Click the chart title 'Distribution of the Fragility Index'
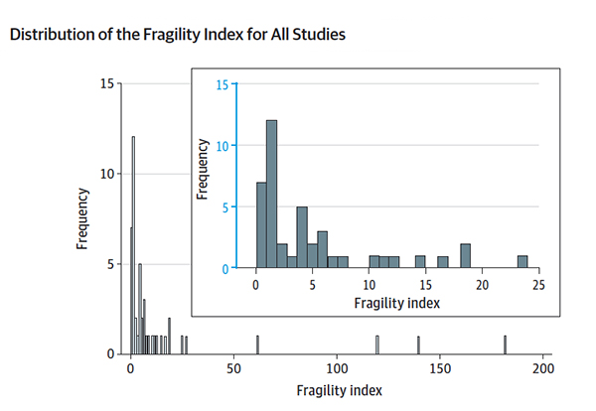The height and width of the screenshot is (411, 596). click(x=177, y=36)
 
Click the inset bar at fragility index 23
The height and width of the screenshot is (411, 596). click(x=521, y=262)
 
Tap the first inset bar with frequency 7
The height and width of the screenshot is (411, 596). click(x=260, y=225)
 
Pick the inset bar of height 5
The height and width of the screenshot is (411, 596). click(x=301, y=237)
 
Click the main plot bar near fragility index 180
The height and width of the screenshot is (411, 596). click(x=505, y=344)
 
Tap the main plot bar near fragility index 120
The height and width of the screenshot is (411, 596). click(x=377, y=344)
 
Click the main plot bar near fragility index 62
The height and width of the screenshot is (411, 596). click(x=257, y=344)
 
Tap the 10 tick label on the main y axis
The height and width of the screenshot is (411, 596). click(x=108, y=174)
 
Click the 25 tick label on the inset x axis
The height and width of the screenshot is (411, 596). click(x=538, y=284)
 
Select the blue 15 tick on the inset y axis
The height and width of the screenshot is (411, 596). click(x=225, y=83)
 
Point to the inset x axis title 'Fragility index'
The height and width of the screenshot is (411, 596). click(x=396, y=301)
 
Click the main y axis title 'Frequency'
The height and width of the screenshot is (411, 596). click(x=85, y=218)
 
